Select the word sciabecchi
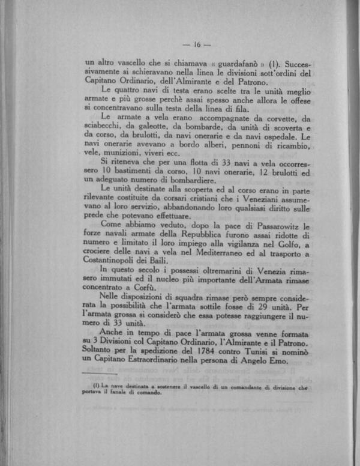pyautogui.click(x=105, y=127)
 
